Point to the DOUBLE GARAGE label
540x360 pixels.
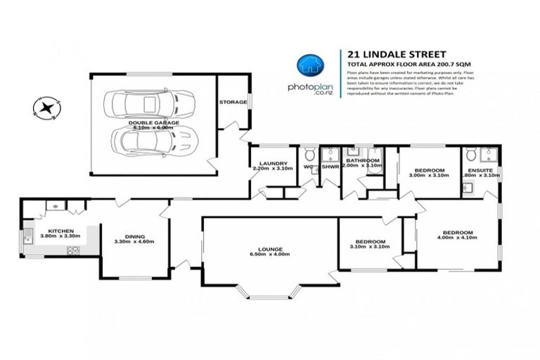point(154,122)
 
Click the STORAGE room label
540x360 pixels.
point(233,102)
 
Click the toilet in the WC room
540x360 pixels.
point(309,154)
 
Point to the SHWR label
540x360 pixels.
point(330,167)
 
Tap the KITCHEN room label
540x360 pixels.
point(61,231)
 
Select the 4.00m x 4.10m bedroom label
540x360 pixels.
point(457,233)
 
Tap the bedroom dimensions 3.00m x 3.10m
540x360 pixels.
point(428,175)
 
